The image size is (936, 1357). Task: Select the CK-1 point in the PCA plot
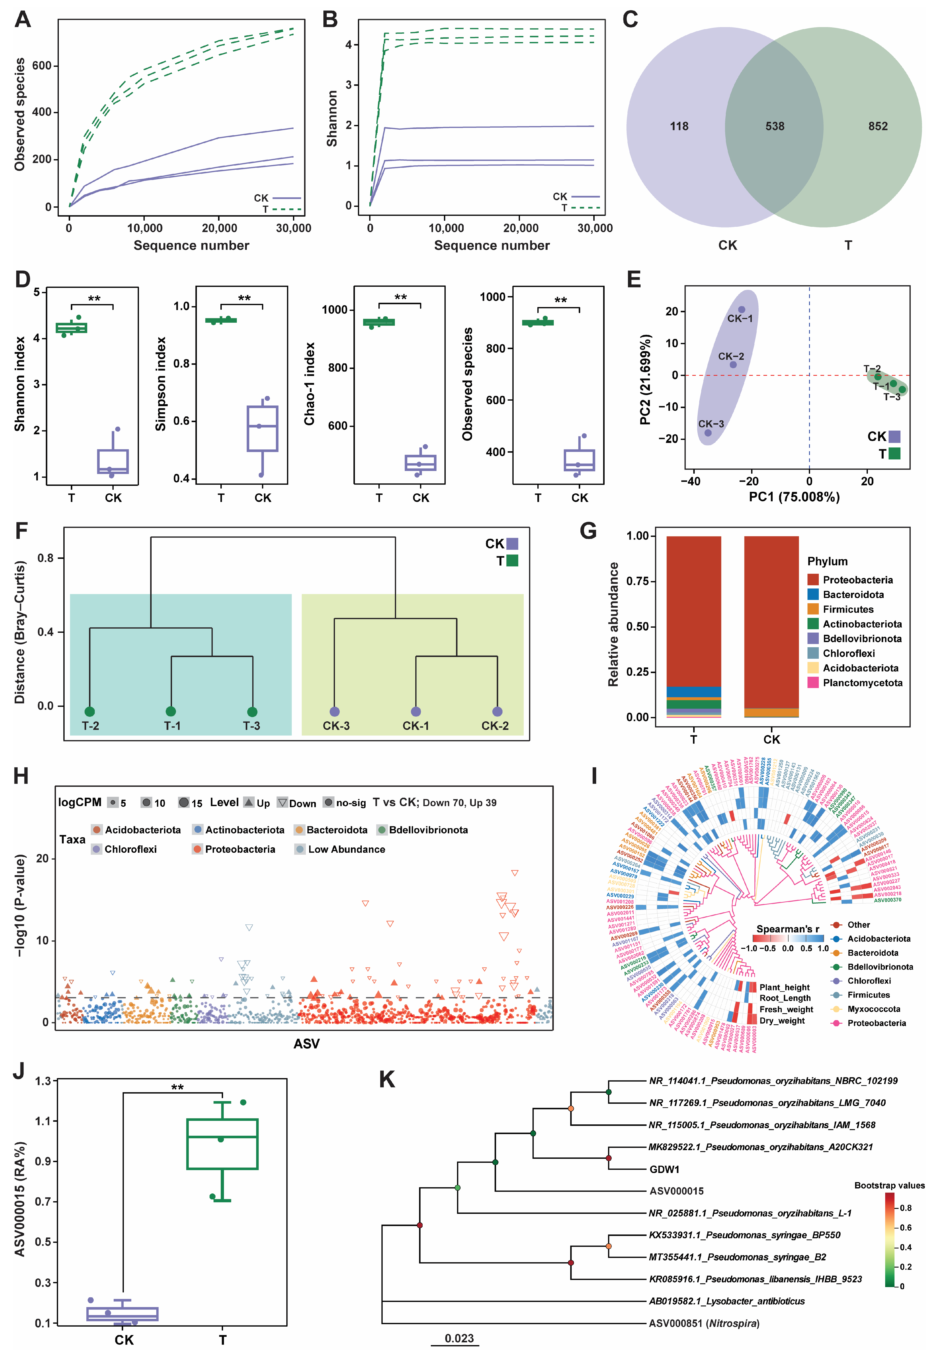point(741,310)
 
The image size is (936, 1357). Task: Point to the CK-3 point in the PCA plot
point(708,433)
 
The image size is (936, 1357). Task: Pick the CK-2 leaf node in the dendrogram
point(497,711)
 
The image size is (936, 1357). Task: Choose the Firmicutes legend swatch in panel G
point(813,609)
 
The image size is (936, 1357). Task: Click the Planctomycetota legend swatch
point(813,682)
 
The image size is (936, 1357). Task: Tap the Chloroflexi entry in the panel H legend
point(130,849)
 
